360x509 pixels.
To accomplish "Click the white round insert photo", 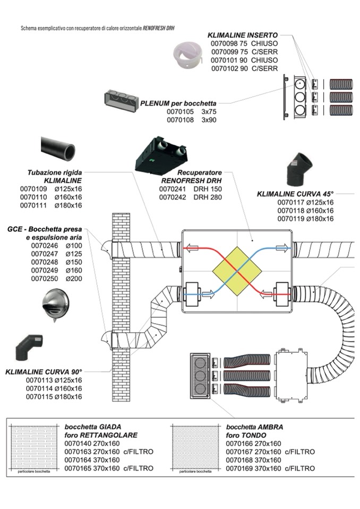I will tap(189, 55).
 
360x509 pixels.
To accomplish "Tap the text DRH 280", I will tap(208, 197).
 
